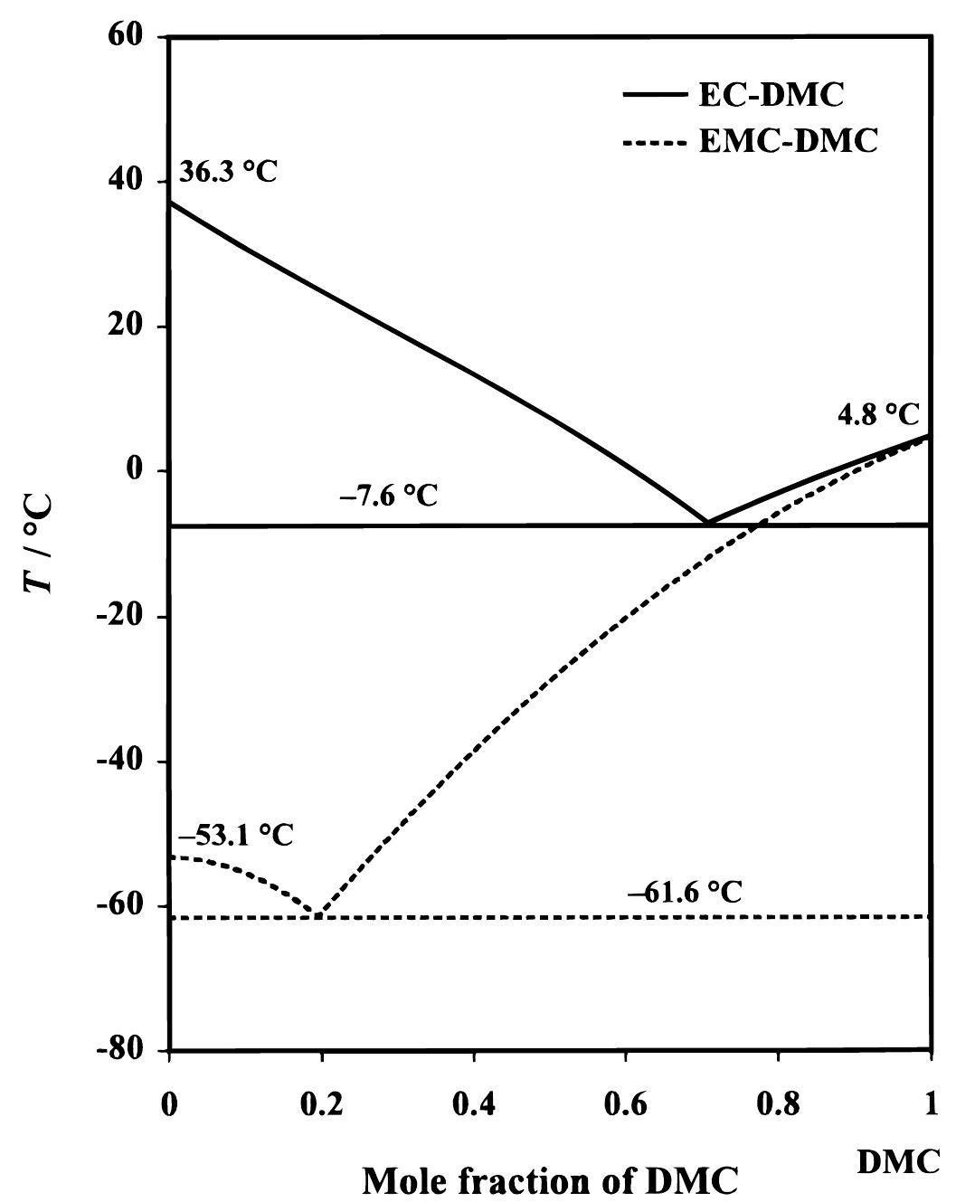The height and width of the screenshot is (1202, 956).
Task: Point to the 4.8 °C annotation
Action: coord(876,414)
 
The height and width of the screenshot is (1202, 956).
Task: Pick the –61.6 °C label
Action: coord(685,892)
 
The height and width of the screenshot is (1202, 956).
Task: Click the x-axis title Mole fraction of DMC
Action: coord(550,1179)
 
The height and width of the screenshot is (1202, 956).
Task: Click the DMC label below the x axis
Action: coord(898,1163)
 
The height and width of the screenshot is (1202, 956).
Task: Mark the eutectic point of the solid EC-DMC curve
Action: coord(708,523)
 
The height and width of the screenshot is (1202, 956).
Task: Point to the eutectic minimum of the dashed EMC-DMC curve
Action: coord(319,915)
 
